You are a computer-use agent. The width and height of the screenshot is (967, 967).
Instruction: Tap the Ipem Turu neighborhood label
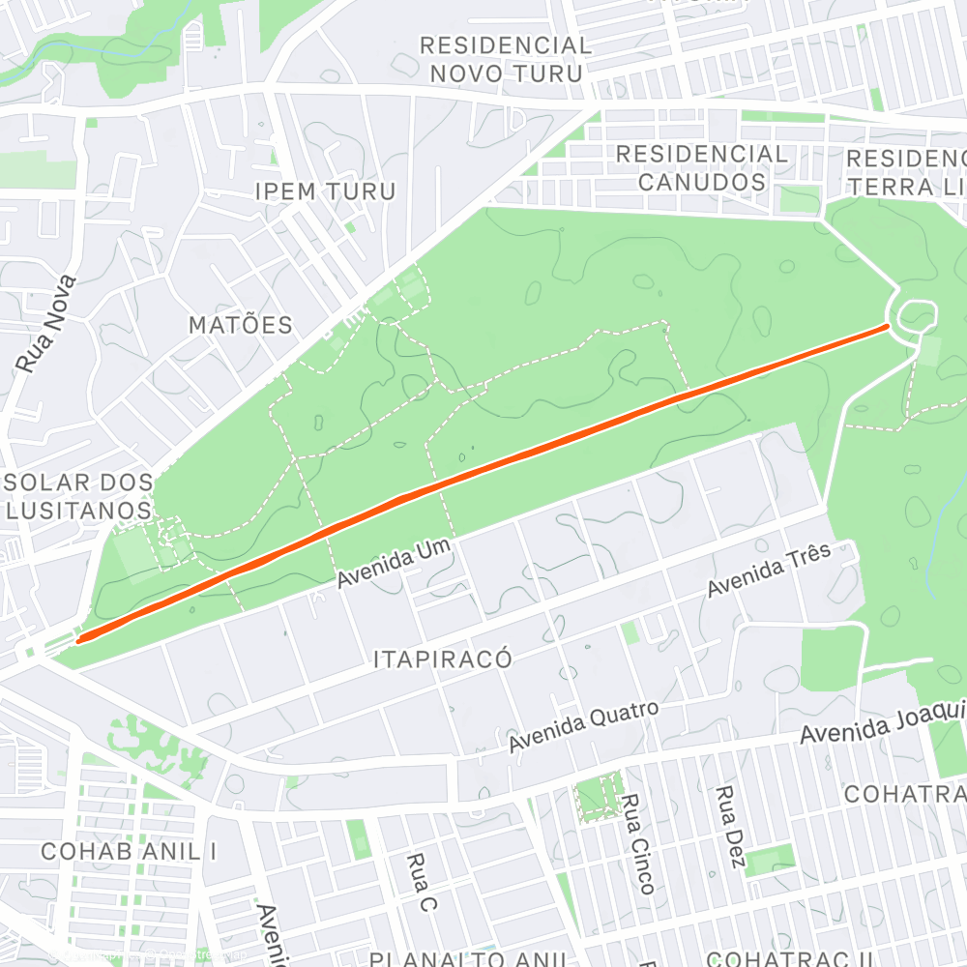pos(325,190)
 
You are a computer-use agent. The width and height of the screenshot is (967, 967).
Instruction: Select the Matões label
pos(240,325)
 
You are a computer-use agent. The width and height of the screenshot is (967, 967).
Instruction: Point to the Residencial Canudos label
pos(701,167)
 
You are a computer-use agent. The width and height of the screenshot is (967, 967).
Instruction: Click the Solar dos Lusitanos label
pos(78,495)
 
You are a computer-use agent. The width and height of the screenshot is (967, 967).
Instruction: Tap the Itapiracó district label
pos(442,659)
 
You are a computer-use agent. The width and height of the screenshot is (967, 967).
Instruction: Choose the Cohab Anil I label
pos(129,851)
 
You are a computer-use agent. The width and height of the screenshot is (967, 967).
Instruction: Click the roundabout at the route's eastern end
pos(916,317)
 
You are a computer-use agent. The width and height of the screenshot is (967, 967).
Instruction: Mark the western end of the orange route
pos(79,638)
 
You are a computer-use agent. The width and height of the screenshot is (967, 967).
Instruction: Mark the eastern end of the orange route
pos(887,328)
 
